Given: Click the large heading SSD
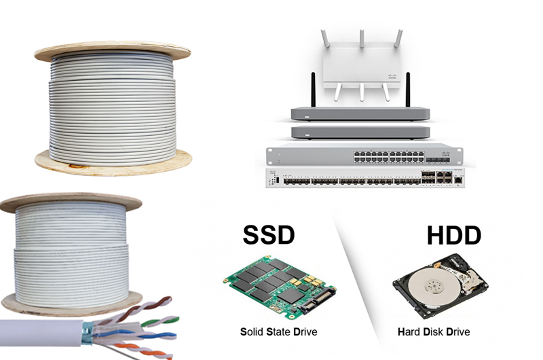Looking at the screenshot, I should [x=269, y=234].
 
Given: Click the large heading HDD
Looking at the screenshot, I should [x=453, y=235].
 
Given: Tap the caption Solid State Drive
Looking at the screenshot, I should [x=278, y=332].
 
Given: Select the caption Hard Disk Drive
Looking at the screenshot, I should [x=434, y=332].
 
